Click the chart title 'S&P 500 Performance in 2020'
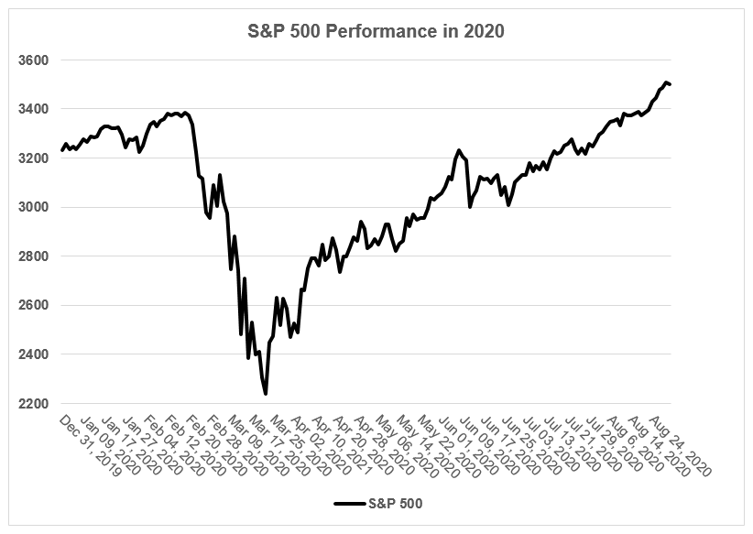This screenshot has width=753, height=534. click(x=377, y=31)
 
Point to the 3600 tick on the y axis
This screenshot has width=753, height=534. click(x=33, y=60)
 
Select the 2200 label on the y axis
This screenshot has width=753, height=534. click(x=33, y=404)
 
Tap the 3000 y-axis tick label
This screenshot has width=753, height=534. click(x=33, y=208)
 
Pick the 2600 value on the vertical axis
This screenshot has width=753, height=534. click(x=33, y=306)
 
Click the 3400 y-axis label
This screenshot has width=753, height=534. click(x=33, y=110)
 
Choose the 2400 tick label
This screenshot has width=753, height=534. click(x=33, y=354)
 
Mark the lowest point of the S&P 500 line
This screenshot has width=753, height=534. click(x=266, y=394)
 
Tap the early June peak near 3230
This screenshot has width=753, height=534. click(x=458, y=150)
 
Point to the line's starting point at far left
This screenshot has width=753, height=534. click(x=62, y=149)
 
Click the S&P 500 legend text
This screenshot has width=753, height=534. click(x=395, y=503)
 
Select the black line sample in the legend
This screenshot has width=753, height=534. click(x=349, y=503)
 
